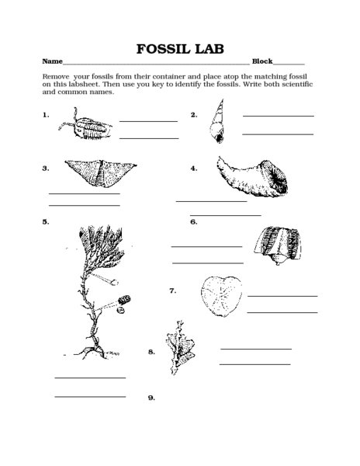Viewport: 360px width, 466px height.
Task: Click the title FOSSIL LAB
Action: [x=180, y=49]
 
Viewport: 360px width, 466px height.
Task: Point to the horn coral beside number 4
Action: [x=246, y=178]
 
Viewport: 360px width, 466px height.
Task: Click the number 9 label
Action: [x=151, y=398]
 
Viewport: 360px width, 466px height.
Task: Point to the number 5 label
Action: [x=47, y=222]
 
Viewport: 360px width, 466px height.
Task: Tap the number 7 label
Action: [x=173, y=290]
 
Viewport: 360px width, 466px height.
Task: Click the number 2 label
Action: [x=194, y=115]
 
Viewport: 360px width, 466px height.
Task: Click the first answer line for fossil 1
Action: [x=148, y=121]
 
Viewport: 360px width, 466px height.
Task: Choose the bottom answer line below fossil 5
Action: [x=90, y=396]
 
